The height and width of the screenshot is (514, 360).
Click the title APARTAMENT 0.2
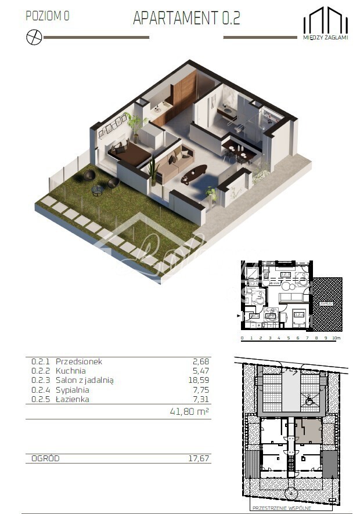(x=186, y=18)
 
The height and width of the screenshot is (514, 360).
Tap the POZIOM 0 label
(x=48, y=16)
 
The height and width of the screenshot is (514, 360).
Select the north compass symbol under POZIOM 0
(x=34, y=37)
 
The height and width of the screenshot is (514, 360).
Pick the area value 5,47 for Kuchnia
(x=200, y=370)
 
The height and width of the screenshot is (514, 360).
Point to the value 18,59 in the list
(x=199, y=380)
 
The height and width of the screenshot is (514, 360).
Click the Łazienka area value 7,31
(x=200, y=399)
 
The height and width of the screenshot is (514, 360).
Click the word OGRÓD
(x=45, y=458)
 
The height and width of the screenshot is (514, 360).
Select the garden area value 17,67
(x=199, y=458)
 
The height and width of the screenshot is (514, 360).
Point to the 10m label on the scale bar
(x=337, y=338)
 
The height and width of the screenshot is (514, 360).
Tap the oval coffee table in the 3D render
(x=194, y=173)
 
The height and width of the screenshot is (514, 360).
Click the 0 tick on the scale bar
(x=242, y=338)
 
